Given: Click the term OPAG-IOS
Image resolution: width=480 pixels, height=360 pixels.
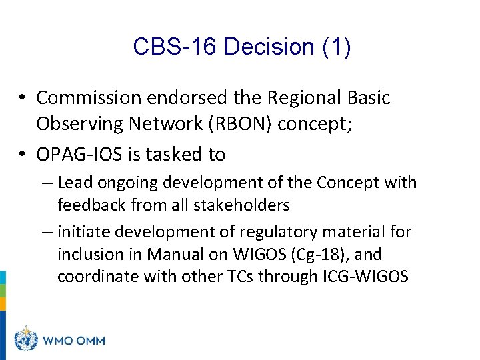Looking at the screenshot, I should [x=76, y=155].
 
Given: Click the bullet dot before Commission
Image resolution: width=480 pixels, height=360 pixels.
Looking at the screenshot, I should [x=22, y=98].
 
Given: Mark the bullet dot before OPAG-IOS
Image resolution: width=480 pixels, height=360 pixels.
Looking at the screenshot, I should [x=22, y=155].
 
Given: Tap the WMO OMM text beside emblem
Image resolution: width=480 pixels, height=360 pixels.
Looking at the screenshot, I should [x=74, y=341].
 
